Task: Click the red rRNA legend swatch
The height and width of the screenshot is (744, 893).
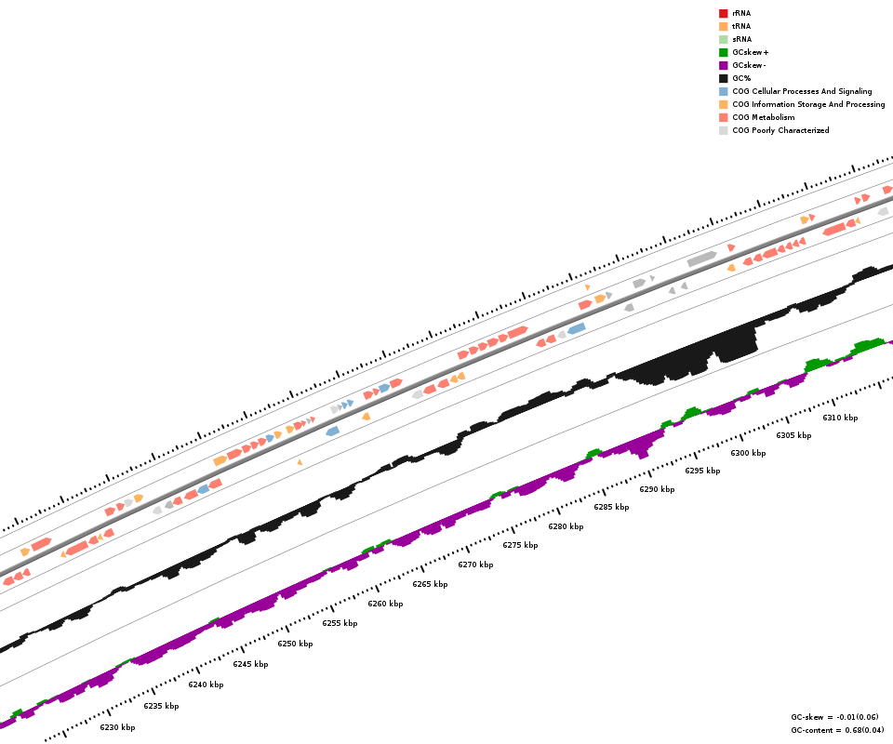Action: tap(723, 13)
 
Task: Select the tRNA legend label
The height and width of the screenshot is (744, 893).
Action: tap(741, 26)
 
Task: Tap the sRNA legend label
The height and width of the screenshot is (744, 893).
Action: tap(741, 39)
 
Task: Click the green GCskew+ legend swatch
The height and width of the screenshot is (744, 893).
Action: tap(723, 52)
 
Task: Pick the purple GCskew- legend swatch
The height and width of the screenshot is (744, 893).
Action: tap(723, 65)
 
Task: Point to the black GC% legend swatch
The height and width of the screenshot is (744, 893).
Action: tap(723, 78)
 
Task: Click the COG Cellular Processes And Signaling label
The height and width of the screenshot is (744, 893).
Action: tap(802, 91)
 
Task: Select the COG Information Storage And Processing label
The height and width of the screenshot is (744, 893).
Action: tap(808, 104)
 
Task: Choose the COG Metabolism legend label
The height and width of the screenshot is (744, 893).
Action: tap(763, 117)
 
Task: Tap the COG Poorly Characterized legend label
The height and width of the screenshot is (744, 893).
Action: tap(780, 130)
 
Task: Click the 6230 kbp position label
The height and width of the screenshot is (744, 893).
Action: tap(117, 727)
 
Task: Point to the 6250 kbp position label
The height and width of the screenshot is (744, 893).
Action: tap(295, 644)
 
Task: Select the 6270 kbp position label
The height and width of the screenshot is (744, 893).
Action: tap(475, 565)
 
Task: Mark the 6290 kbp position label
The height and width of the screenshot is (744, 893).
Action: tap(657, 489)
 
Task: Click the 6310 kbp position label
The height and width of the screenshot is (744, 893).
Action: tap(840, 418)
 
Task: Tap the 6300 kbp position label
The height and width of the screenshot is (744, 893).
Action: tap(748, 453)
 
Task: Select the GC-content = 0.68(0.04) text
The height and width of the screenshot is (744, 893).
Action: tap(838, 730)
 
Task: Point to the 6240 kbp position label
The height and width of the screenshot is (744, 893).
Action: tap(206, 684)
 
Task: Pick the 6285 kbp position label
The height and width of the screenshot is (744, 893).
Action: tap(611, 507)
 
